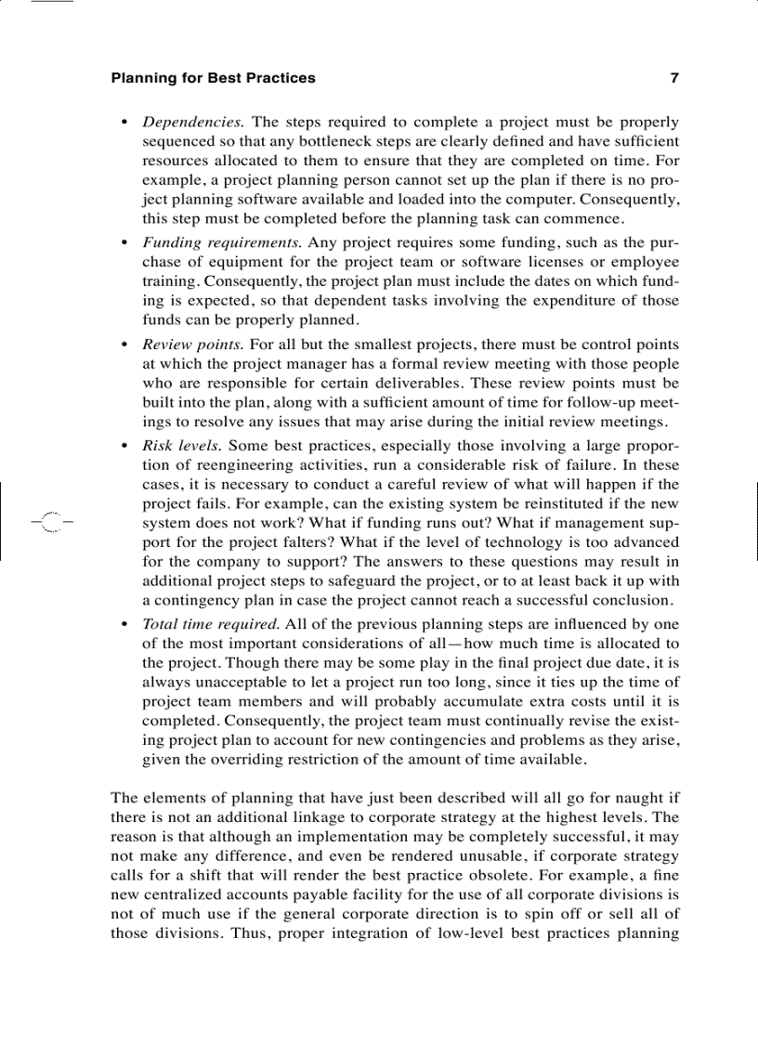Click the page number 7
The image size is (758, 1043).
674,78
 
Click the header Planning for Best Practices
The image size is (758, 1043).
213,78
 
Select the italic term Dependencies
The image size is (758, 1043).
192,122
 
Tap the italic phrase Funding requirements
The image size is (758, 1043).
221,243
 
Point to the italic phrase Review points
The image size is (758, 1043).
193,345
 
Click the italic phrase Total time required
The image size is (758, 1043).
211,624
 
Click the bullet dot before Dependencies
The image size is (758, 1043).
125,123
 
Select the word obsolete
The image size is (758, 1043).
532,876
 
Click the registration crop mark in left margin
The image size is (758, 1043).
50,521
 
